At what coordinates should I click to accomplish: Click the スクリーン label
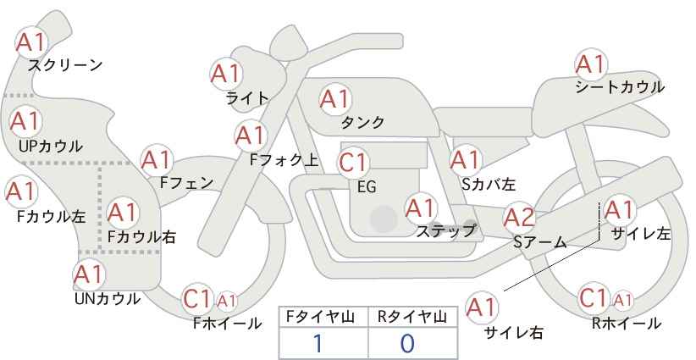click(65, 64)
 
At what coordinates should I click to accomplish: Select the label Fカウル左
click(51, 216)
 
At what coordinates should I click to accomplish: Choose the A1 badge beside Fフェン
click(157, 160)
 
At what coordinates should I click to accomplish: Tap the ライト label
click(247, 98)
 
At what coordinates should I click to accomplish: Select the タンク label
click(362, 122)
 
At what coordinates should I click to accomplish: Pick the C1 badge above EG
click(352, 162)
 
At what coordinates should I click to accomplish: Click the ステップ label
click(446, 230)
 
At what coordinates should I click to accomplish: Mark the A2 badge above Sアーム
click(519, 219)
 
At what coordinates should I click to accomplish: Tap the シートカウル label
click(619, 86)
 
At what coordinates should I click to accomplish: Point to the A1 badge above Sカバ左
click(465, 160)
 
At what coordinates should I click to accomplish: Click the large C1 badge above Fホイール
click(197, 299)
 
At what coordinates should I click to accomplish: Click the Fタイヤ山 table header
click(323, 317)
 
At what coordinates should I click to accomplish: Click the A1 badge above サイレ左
click(619, 210)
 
